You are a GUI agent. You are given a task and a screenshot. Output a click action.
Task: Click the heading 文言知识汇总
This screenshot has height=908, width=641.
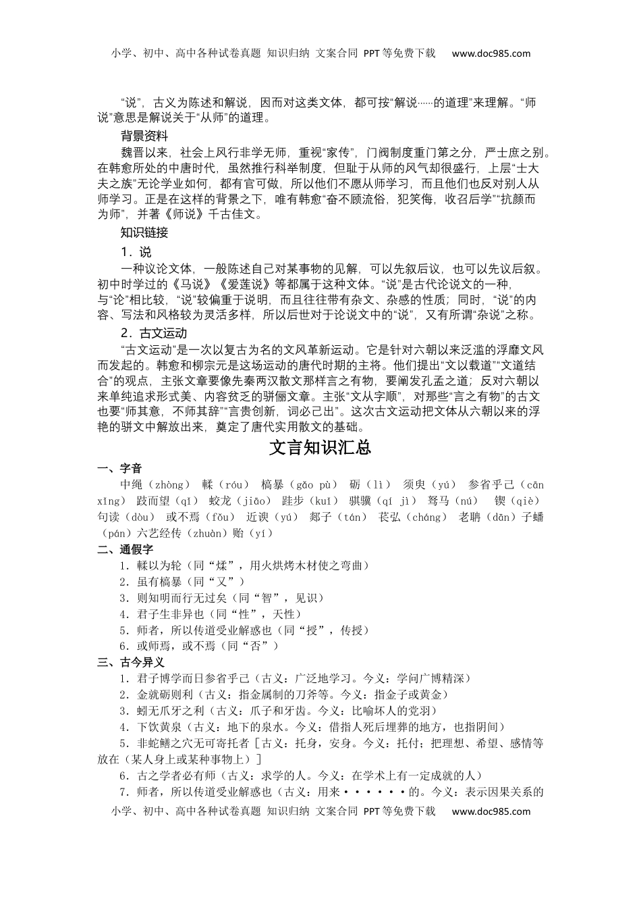click(320, 447)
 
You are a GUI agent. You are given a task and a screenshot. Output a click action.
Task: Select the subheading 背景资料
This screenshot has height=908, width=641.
click(144, 136)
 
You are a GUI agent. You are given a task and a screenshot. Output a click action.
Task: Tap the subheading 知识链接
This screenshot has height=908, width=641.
click(144, 233)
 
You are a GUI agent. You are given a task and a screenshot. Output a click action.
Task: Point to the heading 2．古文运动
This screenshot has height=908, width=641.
click(154, 333)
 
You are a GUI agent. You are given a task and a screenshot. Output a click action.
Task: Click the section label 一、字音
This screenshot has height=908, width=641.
click(120, 468)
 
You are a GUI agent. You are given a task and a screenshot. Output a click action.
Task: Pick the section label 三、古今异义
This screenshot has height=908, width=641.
click(131, 662)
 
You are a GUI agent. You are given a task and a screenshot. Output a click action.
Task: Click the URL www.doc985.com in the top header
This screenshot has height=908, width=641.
click(491, 53)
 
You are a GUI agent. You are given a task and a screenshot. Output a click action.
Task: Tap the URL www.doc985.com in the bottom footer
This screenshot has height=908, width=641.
click(491, 811)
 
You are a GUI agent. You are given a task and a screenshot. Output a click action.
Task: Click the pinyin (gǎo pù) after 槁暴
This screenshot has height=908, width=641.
click(315, 485)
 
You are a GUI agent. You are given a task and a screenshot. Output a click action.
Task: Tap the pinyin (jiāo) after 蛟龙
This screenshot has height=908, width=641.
click(254, 501)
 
